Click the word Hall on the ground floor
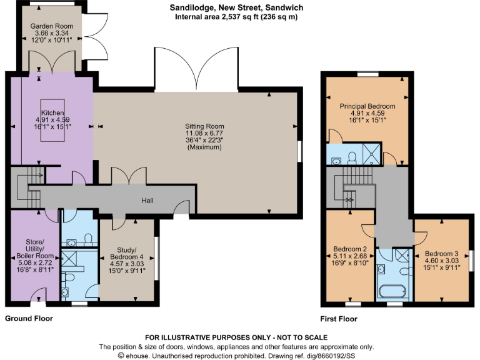147,201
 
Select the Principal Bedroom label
367,106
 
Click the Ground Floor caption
29,319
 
